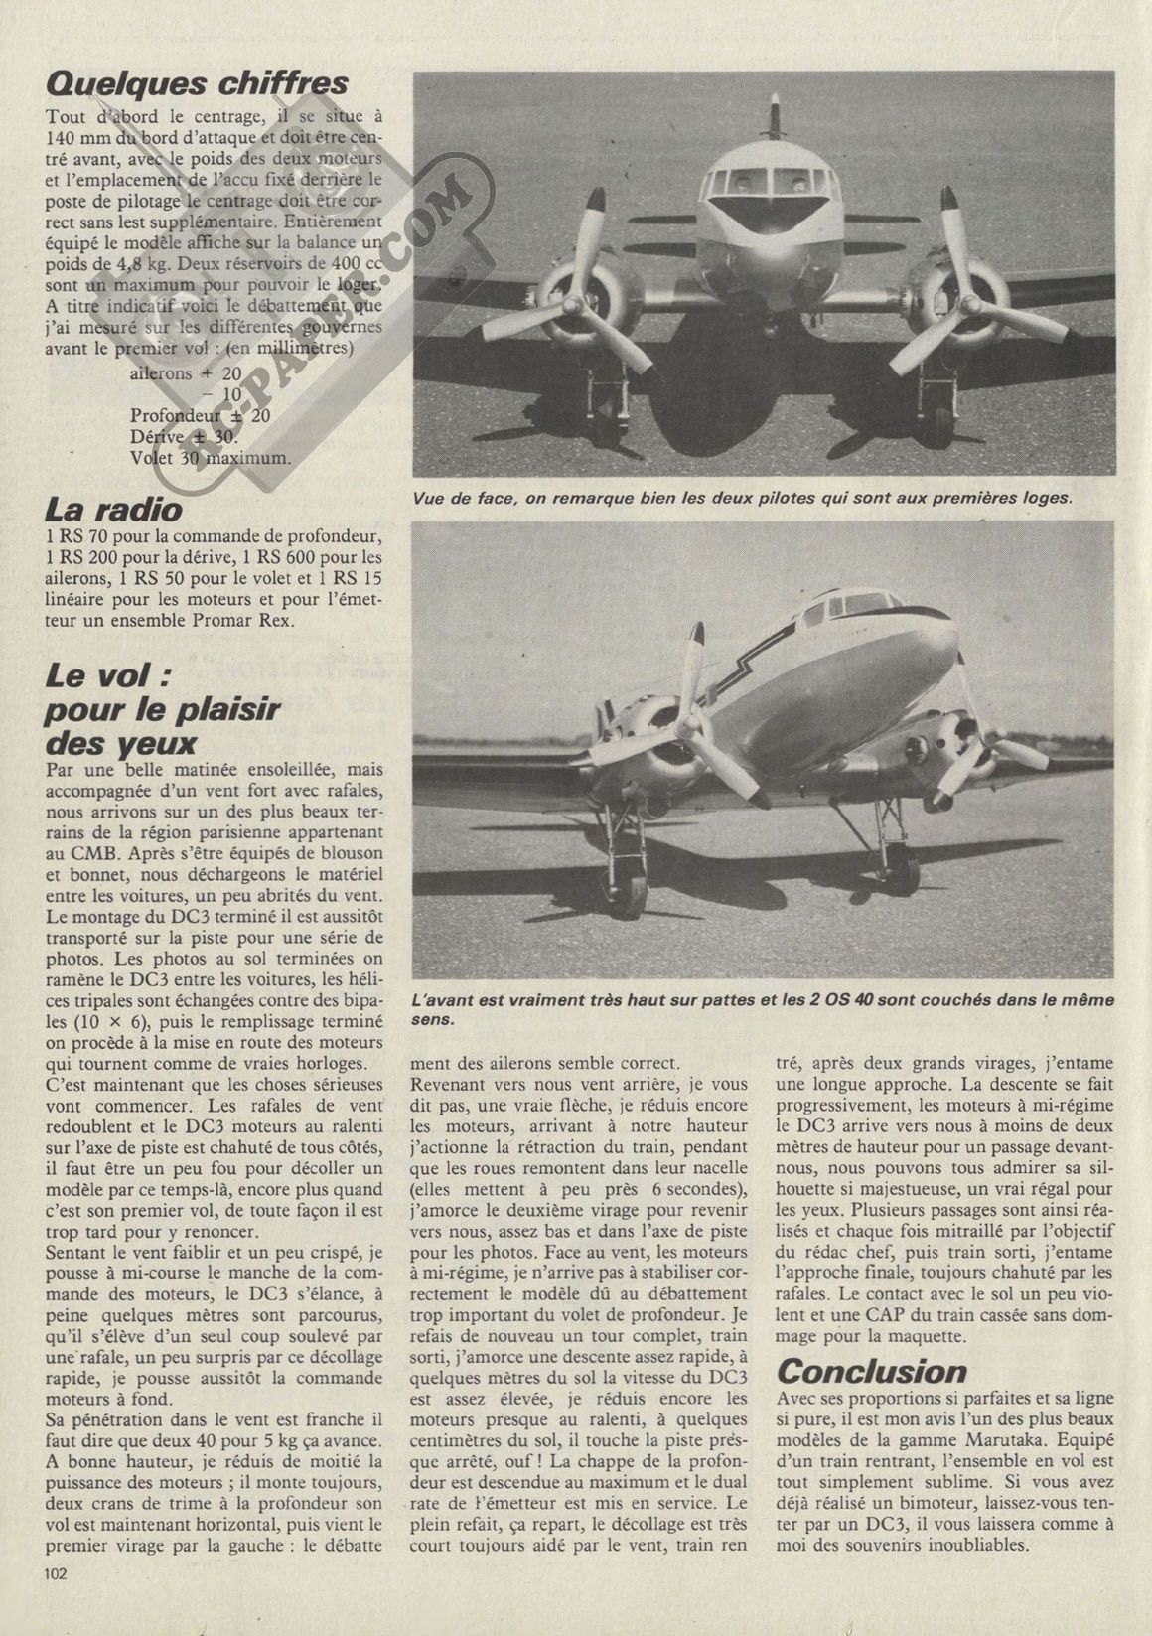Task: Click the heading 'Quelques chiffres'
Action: [x=198, y=82]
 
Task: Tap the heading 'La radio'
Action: [x=114, y=510]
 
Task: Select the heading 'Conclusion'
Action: [x=871, y=1371]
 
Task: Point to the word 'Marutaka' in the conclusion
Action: [x=964, y=1439]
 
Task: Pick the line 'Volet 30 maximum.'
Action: [x=211, y=458]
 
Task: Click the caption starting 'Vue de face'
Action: [x=742, y=498]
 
